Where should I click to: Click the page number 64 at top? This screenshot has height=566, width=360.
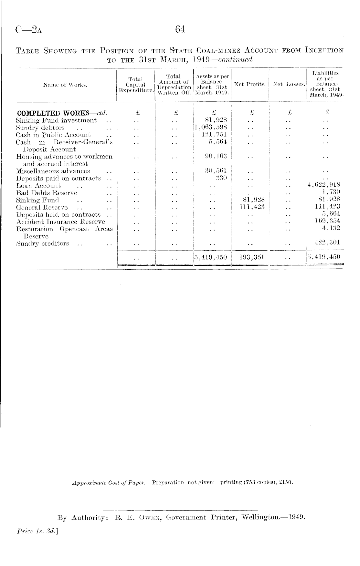click(x=180, y=30)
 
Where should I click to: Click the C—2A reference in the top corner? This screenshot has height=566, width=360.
click(x=29, y=30)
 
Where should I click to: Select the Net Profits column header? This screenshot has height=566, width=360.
click(x=250, y=85)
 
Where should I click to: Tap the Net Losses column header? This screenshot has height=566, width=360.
click(x=289, y=85)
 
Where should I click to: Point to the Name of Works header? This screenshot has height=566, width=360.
click(x=65, y=85)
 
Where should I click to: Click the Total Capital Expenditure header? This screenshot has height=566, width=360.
click(x=136, y=85)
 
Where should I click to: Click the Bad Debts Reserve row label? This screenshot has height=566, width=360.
click(x=47, y=193)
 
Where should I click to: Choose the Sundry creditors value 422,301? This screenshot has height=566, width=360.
click(x=327, y=243)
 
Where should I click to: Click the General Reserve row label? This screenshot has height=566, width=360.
click(x=42, y=208)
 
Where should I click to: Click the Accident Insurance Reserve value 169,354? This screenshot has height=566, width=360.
click(x=327, y=221)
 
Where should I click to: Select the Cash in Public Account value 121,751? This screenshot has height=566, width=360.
click(x=214, y=134)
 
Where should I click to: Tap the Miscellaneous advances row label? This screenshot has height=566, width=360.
click(x=53, y=171)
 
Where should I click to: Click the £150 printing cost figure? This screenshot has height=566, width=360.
click(x=286, y=483)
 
